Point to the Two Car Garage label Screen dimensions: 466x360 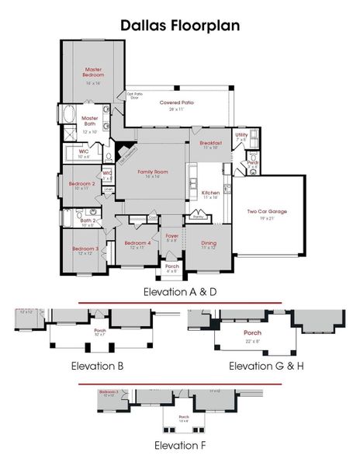(267, 211)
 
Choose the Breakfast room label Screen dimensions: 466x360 (211, 144)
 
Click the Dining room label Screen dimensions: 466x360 (208, 243)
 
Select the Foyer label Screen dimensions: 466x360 (171, 235)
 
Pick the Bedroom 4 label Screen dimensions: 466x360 (136, 244)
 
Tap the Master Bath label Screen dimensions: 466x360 (89, 121)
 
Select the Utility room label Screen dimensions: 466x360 (242, 135)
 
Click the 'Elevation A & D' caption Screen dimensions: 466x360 (179, 291)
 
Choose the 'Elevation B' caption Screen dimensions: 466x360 (99, 365)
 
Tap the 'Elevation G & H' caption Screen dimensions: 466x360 (266, 365)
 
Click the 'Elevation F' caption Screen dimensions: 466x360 (179, 445)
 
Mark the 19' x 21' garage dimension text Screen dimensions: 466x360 (267, 217)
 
